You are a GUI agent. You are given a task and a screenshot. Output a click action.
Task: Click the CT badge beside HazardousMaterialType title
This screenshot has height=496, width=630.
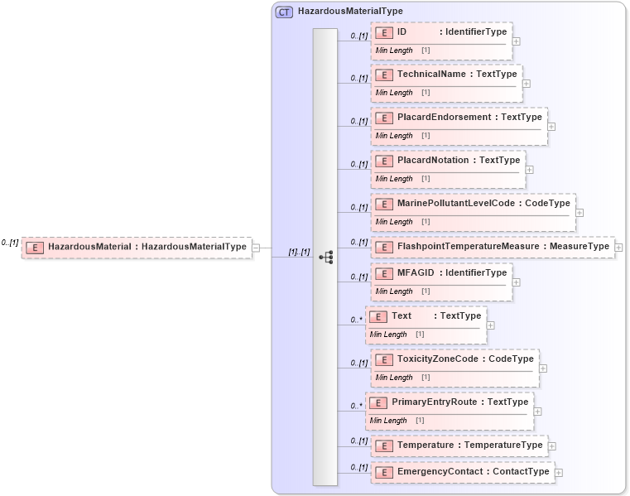click(x=284, y=12)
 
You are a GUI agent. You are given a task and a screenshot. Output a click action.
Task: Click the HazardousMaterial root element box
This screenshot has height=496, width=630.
click(x=137, y=246)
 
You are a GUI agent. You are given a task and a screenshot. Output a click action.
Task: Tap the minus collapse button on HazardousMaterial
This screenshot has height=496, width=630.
click(x=257, y=247)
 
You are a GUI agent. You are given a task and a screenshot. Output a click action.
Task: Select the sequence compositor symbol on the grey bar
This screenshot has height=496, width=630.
click(x=325, y=258)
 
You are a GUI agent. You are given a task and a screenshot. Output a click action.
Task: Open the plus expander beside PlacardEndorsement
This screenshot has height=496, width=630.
click(x=551, y=127)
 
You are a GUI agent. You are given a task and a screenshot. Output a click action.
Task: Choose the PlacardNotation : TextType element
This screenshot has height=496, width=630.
click(x=458, y=161)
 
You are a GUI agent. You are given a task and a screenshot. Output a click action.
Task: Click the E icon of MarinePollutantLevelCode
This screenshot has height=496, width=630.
click(x=383, y=204)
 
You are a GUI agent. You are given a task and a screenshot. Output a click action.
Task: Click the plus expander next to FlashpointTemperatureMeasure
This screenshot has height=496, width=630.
click(x=618, y=247)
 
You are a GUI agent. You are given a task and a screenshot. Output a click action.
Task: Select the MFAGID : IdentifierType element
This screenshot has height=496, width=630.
click(x=451, y=273)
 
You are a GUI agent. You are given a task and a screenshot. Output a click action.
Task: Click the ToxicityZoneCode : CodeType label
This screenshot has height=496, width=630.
click(x=465, y=359)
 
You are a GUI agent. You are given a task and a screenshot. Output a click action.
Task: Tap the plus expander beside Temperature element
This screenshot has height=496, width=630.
click(x=552, y=445)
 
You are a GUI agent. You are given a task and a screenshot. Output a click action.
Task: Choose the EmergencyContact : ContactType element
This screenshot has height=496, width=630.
click(x=473, y=472)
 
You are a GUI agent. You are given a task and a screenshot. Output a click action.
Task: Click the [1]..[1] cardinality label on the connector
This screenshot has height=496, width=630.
click(x=299, y=252)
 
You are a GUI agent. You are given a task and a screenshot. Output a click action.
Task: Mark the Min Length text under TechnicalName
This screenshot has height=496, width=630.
click(x=394, y=93)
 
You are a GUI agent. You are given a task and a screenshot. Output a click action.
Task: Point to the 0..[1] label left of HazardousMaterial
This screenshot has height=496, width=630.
click(x=10, y=243)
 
